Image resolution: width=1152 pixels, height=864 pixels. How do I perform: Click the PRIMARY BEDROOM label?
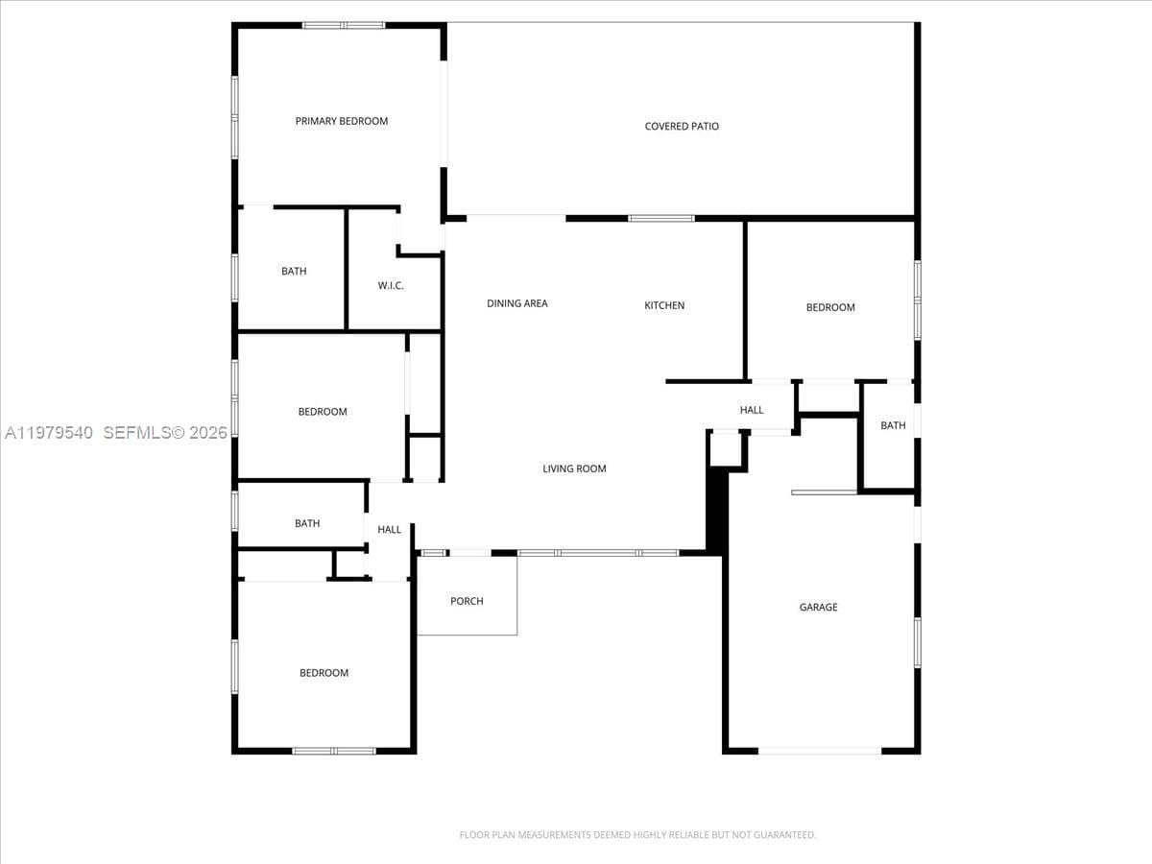pyautogui.click(x=342, y=121)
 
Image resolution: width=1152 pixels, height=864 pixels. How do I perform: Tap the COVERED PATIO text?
pyautogui.click(x=682, y=127)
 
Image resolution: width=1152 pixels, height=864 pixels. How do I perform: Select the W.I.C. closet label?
pyautogui.click(x=391, y=286)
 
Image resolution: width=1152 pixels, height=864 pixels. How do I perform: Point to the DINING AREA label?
pyautogui.click(x=516, y=303)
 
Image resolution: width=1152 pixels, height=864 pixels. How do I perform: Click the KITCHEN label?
pyautogui.click(x=664, y=306)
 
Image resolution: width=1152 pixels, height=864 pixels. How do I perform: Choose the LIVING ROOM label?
pyautogui.click(x=574, y=469)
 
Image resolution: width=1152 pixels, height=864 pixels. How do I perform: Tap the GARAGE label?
pyautogui.click(x=818, y=608)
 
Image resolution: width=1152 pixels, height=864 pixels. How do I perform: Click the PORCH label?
pyautogui.click(x=467, y=601)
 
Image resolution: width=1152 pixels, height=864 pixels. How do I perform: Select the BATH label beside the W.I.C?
pyautogui.click(x=294, y=272)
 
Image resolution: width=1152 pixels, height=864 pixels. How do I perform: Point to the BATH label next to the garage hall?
pyautogui.click(x=893, y=425)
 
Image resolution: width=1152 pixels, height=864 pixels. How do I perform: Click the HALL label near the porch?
pyautogui.click(x=389, y=530)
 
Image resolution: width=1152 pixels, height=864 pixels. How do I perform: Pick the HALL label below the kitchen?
pyautogui.click(x=752, y=410)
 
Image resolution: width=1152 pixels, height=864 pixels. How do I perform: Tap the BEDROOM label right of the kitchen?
pyautogui.click(x=830, y=307)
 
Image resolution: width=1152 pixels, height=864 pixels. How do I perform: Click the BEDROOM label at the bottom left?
pyautogui.click(x=324, y=673)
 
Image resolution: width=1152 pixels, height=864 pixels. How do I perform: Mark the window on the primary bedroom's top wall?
pyautogui.click(x=344, y=25)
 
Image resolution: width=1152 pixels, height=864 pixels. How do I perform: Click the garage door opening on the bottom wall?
pyautogui.click(x=820, y=752)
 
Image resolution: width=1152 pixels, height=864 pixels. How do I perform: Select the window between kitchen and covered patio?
pyautogui.click(x=661, y=219)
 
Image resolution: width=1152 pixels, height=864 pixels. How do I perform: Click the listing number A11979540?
pyautogui.click(x=49, y=433)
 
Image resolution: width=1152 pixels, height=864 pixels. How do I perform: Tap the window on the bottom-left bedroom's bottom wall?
pyautogui.click(x=334, y=752)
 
